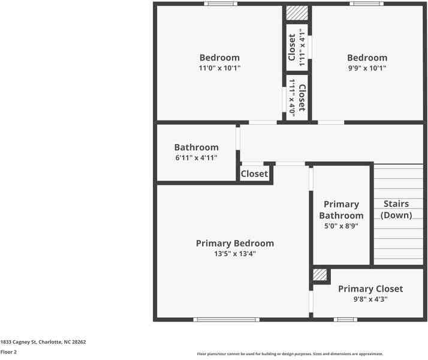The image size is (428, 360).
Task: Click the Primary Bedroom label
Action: tap(234, 243)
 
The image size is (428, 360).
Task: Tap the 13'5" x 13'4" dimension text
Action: tap(234, 254)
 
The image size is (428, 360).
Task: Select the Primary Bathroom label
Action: tap(341, 210)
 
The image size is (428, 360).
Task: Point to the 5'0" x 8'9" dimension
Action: tap(341, 226)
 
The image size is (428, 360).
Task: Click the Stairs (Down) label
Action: tap(396, 209)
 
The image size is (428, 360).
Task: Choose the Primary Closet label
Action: tap(370, 289)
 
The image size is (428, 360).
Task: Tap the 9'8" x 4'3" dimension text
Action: tap(370, 299)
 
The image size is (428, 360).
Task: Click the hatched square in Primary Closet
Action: tap(320, 275)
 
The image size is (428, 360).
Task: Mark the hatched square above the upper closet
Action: tap(296, 13)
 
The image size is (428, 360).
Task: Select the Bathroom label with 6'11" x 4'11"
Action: tap(196, 147)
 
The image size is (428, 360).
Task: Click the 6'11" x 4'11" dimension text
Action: tap(196, 158)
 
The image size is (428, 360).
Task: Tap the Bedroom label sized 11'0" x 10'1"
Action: tap(219, 58)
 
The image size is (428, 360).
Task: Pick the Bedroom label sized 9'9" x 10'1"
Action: tap(367, 58)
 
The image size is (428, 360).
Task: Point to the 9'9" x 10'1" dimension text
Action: tap(367, 68)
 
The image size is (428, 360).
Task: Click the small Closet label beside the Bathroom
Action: tap(254, 174)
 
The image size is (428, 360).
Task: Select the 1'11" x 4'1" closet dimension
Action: tap(303, 47)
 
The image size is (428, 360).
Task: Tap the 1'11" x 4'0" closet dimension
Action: tap(292, 97)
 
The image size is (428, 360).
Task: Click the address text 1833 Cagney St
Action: tap(43, 342)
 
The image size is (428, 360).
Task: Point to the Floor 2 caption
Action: tap(8, 352)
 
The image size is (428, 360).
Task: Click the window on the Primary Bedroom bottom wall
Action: tap(226, 319)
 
